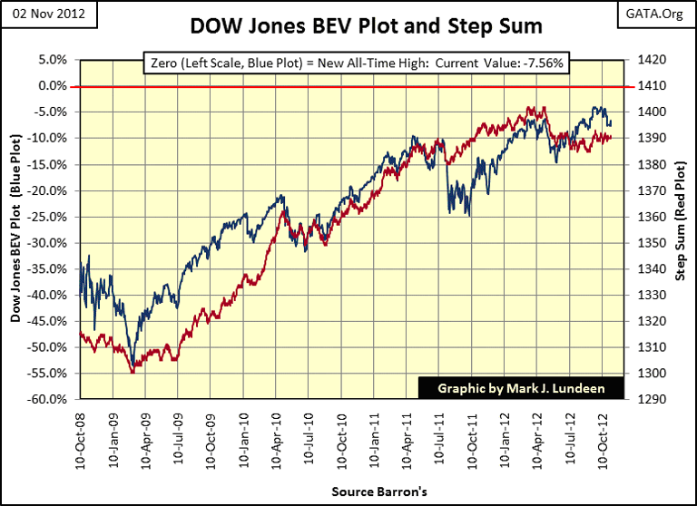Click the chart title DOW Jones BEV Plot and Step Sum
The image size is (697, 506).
tap(348, 26)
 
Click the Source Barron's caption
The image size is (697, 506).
tap(349, 491)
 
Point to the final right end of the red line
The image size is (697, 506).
tap(612, 137)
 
